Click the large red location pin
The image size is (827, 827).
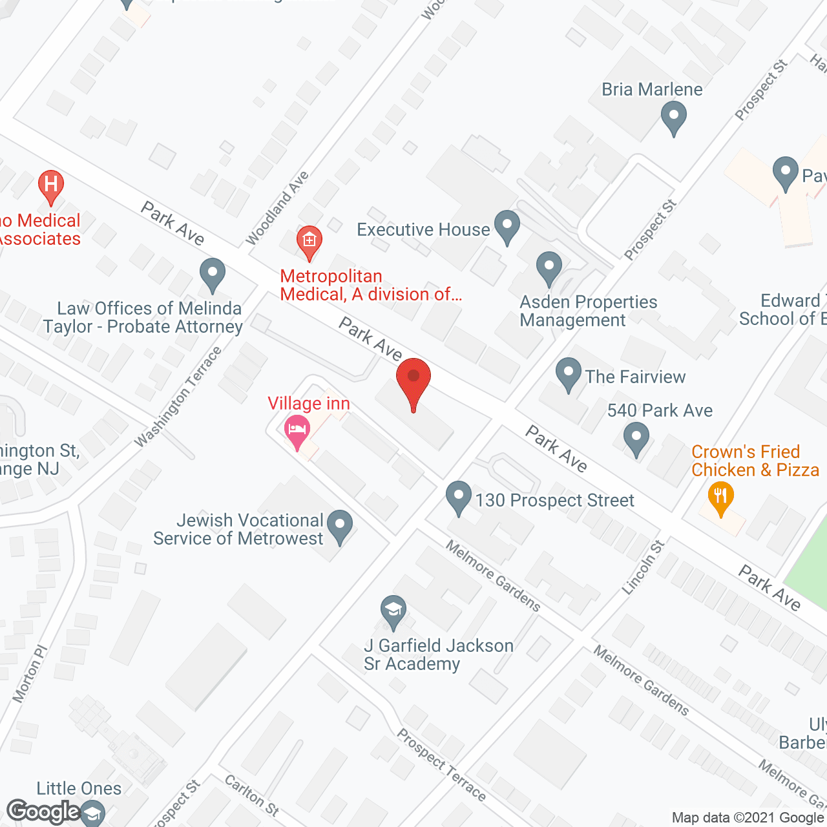pyautogui.click(x=413, y=381)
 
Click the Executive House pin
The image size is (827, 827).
pyautogui.click(x=507, y=227)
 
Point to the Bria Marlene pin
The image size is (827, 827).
pyautogui.click(x=674, y=119)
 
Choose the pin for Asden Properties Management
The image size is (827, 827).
pyautogui.click(x=549, y=267)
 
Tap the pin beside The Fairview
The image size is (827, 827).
pyautogui.click(x=569, y=374)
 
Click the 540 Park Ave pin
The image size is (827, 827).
pyautogui.click(x=636, y=439)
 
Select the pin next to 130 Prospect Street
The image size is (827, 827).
pyautogui.click(x=459, y=498)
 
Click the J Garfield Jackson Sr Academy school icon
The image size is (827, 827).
pyautogui.click(x=393, y=612)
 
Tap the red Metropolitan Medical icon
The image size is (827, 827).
pyautogui.click(x=309, y=242)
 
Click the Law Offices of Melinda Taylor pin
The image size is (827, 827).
pyautogui.click(x=212, y=275)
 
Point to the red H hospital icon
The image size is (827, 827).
pyautogui.click(x=51, y=185)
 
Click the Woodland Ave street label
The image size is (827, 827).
pyautogui.click(x=278, y=208)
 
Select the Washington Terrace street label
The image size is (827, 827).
pyautogui.click(x=178, y=397)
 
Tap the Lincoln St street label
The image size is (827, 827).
pyautogui.click(x=644, y=567)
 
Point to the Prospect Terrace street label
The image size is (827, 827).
pyautogui.click(x=441, y=765)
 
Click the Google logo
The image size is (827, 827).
pyautogui.click(x=44, y=811)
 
